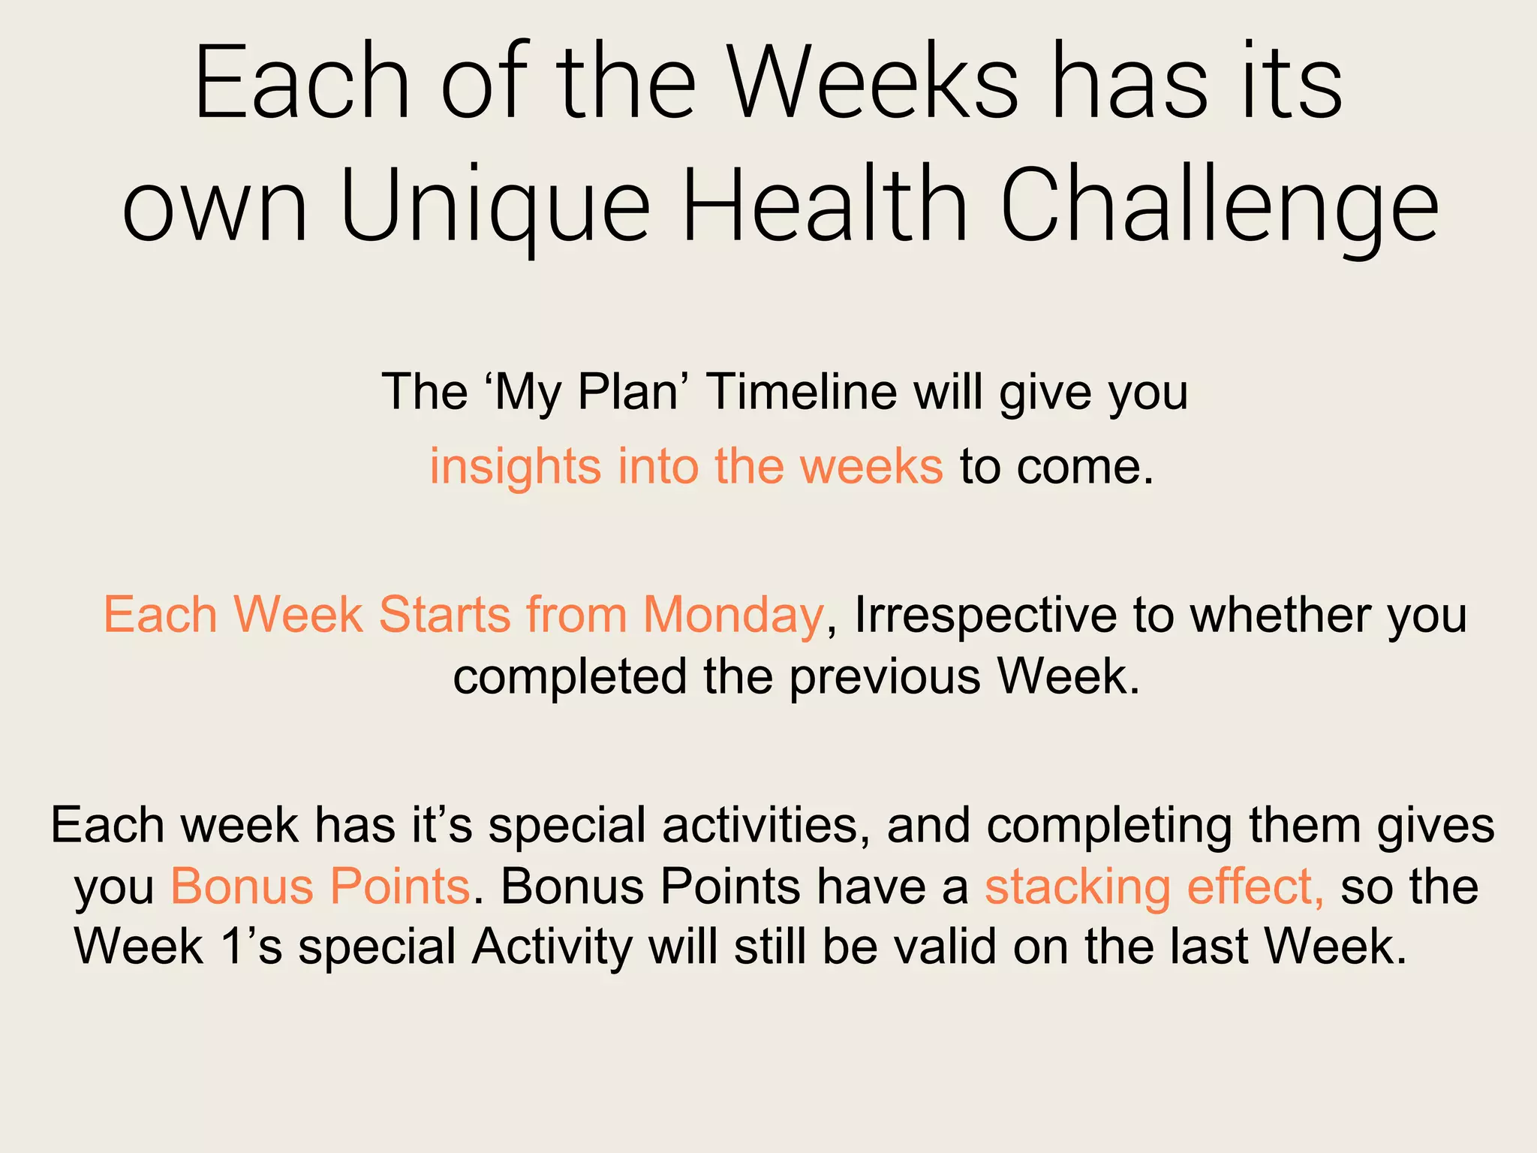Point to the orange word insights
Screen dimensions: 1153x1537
pyautogui.click(x=515, y=466)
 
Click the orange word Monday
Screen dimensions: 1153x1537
pyautogui.click(x=733, y=615)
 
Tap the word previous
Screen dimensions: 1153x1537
pyautogui.click(x=885, y=676)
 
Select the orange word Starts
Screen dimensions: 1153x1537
pyautogui.click(x=444, y=615)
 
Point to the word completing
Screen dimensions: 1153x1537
pyautogui.click(x=1109, y=825)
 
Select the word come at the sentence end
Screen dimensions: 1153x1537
pyautogui.click(x=1083, y=466)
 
